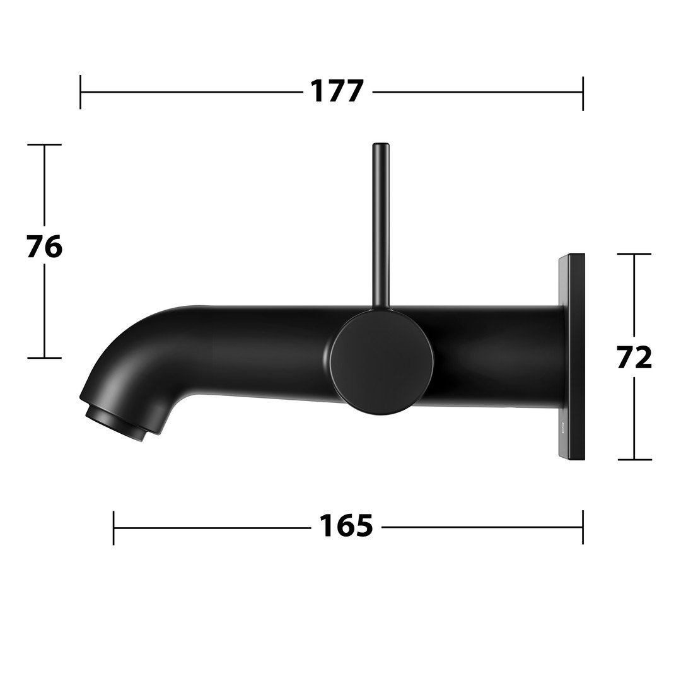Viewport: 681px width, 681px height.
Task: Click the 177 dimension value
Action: pyautogui.click(x=337, y=91)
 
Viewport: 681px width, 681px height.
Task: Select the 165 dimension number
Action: pyautogui.click(x=346, y=526)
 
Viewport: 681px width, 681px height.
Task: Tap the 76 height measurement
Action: pyautogui.click(x=44, y=247)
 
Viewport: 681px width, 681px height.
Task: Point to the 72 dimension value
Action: pyautogui.click(x=634, y=358)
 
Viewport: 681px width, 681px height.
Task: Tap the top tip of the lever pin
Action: pyautogui.click(x=381, y=143)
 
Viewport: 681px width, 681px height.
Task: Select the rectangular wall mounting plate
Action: pyautogui.click(x=571, y=356)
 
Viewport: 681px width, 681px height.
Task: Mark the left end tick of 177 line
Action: pyautogui.click(x=80, y=92)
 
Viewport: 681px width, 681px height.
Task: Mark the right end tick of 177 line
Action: pyautogui.click(x=583, y=93)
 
